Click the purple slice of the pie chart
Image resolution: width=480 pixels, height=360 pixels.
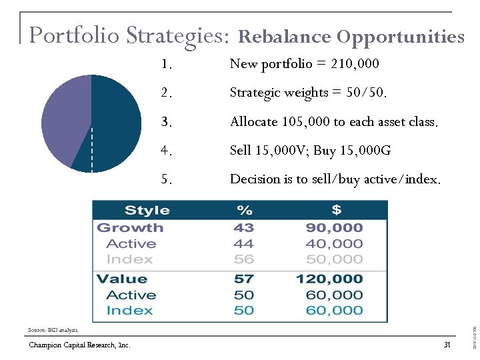[63, 120]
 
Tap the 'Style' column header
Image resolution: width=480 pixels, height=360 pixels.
[147, 211]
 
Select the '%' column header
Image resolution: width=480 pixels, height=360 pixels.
[244, 211]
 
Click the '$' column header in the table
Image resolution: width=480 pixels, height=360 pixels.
[336, 211]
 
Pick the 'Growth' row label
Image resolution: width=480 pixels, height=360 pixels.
[130, 228]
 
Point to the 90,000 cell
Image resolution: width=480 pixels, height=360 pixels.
[334, 228]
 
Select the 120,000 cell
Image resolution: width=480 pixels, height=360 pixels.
[329, 279]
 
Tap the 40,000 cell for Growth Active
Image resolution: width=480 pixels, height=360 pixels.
[334, 244]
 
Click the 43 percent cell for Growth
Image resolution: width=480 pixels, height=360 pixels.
[244, 228]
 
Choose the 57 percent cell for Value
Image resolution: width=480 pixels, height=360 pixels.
[244, 279]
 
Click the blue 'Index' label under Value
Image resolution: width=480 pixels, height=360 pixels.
[129, 311]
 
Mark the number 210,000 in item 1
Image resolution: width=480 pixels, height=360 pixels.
[355, 64]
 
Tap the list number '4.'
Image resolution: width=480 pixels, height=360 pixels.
[167, 151]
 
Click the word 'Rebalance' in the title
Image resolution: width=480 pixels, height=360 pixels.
[285, 37]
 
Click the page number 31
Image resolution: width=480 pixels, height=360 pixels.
[447, 345]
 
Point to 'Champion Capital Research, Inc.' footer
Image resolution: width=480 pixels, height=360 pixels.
[79, 345]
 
